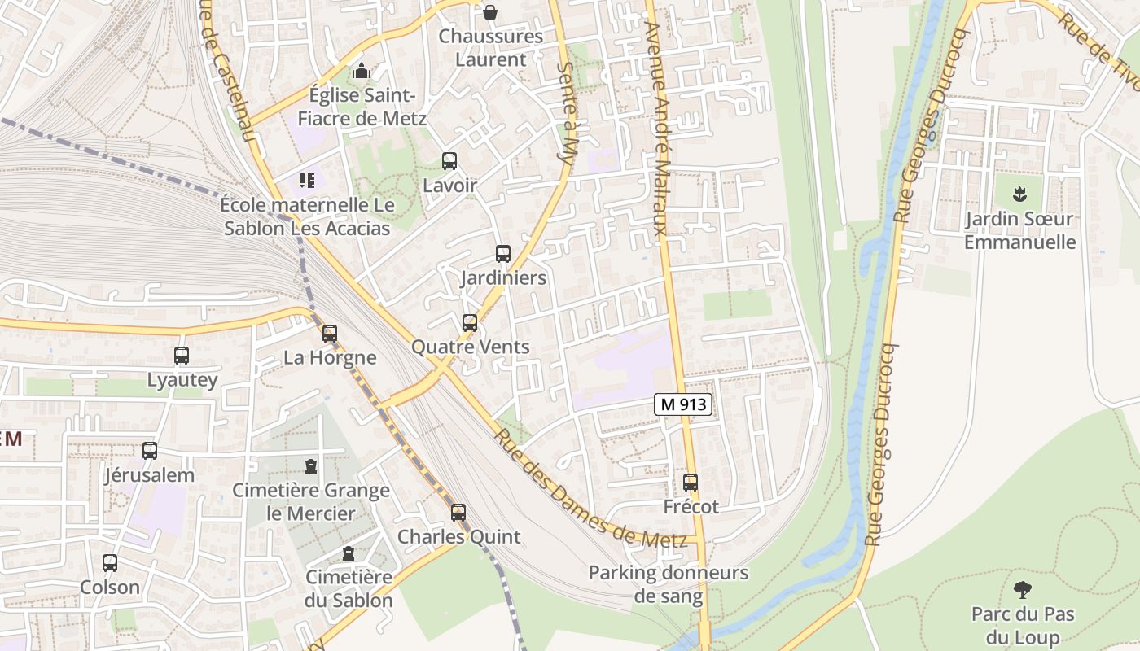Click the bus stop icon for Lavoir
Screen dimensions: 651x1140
pos(449,161)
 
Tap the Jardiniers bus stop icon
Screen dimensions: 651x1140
pos(503,254)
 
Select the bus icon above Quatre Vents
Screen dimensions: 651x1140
pos(470,323)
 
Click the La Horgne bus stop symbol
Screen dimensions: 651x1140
pos(330,334)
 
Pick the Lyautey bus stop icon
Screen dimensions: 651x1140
pos(182,356)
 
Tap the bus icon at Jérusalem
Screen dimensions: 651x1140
pos(150,451)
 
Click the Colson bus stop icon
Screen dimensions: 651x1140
pos(110,563)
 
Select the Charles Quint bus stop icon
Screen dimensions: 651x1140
pos(458,513)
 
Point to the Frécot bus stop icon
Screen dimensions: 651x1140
pos(691,483)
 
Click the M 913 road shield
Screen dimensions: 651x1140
pos(683,404)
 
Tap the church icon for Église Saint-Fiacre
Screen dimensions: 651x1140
pos(362,72)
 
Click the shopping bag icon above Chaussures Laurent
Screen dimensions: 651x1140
pos(490,12)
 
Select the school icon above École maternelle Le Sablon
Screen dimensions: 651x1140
pos(307,180)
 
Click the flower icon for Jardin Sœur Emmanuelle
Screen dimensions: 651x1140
pos(1019,194)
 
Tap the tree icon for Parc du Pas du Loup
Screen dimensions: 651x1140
pos(1023,590)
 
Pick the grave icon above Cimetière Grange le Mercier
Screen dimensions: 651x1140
pos(310,466)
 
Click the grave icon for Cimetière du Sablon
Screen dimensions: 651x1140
pos(349,553)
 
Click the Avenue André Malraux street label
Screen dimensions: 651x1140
pos(656,130)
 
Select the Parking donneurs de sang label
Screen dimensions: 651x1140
pos(669,584)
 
